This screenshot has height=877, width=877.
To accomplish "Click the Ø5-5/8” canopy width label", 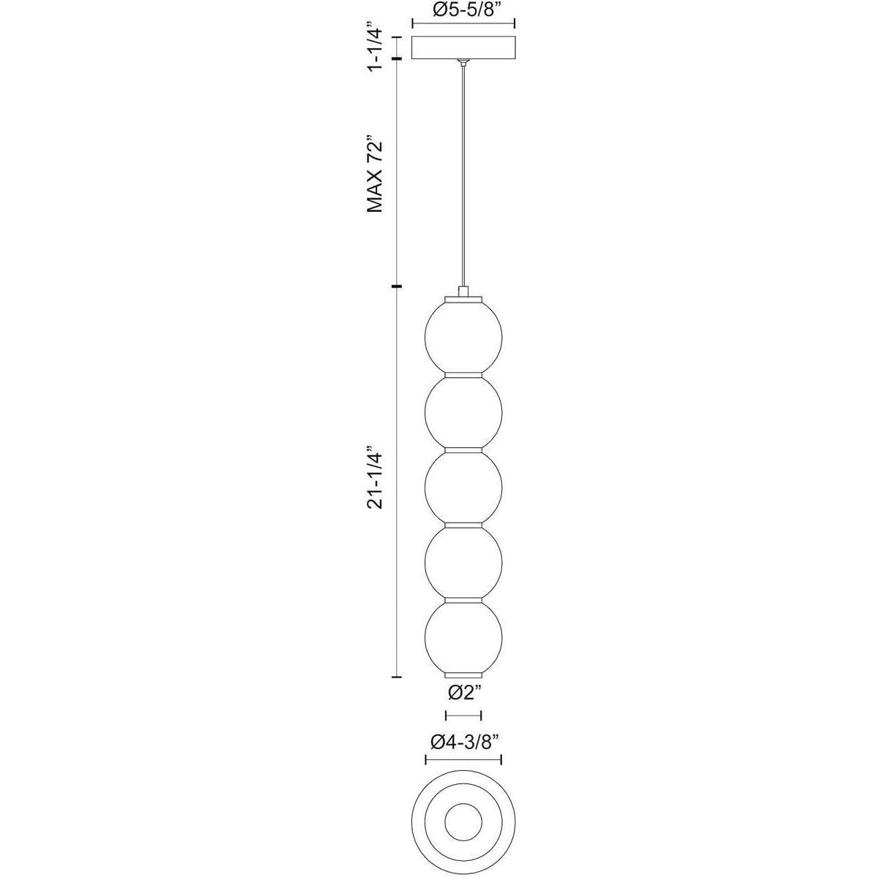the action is pos(463,10).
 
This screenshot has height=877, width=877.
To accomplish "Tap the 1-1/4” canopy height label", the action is pos(376,50).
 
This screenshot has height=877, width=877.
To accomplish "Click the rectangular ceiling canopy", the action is pos(463,48).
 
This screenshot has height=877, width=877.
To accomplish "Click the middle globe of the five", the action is pos(463,485).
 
